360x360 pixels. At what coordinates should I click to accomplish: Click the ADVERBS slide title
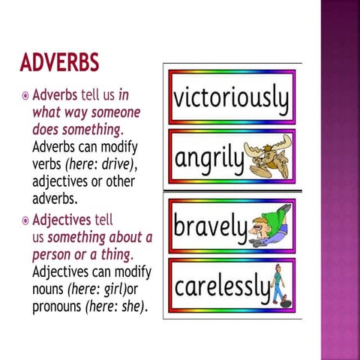click(59, 64)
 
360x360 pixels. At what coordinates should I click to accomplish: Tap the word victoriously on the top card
click(231, 98)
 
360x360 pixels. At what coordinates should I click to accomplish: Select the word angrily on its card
click(210, 157)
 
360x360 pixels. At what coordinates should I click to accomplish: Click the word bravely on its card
click(211, 226)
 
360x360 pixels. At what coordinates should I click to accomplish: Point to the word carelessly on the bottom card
click(221, 285)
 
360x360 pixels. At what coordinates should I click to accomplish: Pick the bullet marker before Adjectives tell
click(25, 222)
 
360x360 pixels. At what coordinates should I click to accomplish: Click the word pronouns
click(57, 306)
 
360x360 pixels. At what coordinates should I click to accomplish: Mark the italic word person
click(52, 253)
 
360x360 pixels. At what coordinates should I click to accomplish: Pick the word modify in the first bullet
click(123, 147)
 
